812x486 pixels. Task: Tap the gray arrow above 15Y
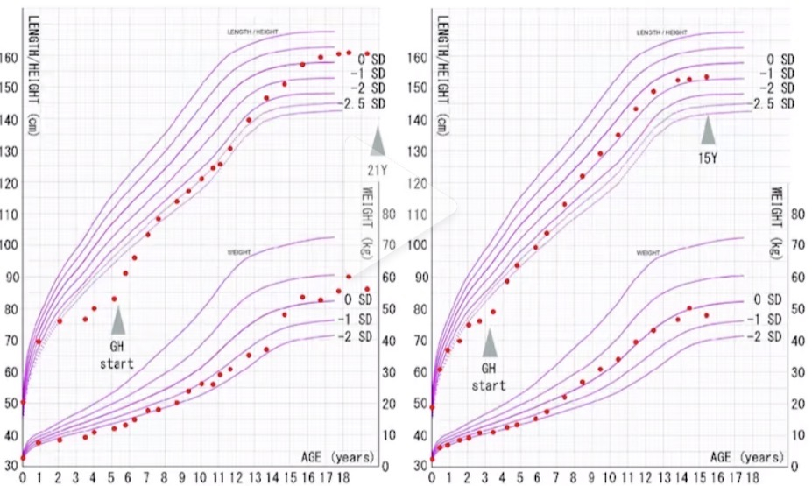pos(710,131)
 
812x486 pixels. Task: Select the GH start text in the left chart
pos(117,354)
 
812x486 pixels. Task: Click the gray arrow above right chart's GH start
pos(490,340)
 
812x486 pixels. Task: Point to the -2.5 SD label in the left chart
pos(362,104)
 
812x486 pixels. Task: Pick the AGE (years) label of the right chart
pos(747,457)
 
